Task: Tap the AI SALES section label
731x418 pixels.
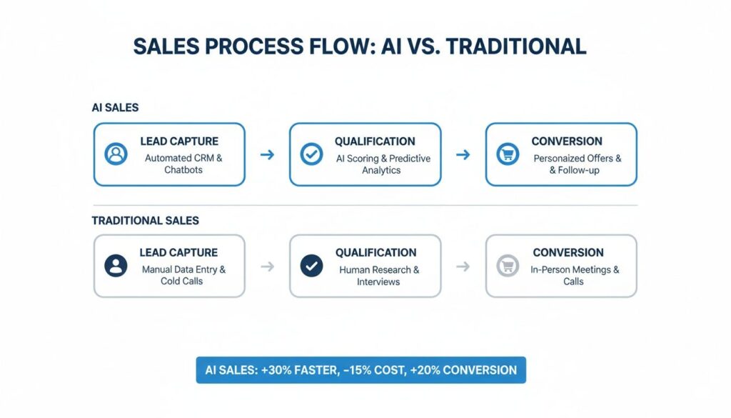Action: [115, 107]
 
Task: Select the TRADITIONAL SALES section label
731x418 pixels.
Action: [145, 221]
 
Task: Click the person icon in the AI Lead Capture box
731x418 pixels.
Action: [115, 154]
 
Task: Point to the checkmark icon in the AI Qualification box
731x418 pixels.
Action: [311, 154]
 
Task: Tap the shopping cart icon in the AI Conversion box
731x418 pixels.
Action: [508, 154]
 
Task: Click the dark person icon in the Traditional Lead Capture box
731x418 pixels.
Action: [115, 266]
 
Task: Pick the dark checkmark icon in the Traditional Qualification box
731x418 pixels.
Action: [311, 266]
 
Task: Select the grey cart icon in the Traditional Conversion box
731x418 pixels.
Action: [508, 266]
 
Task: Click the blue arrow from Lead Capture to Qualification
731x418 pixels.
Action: [267, 154]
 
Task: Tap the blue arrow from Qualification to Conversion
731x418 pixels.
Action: [463, 154]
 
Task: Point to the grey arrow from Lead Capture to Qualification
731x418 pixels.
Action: [267, 267]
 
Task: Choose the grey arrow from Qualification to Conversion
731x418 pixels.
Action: [463, 267]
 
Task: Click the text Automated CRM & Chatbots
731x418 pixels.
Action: [183, 164]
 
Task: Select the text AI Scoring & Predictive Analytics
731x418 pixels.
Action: [383, 164]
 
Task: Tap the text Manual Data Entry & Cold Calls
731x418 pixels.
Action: [183, 275]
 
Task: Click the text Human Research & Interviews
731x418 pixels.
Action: [379, 276]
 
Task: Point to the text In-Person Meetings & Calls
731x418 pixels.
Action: [574, 275]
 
